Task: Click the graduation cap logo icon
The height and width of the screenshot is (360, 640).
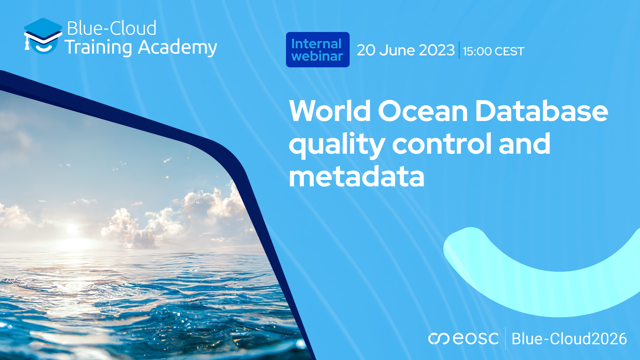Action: pos(43,36)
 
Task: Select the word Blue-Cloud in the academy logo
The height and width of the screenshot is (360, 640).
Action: pos(112,28)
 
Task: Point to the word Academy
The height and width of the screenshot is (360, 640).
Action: pos(177,47)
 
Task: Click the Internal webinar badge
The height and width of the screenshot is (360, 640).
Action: pos(318,50)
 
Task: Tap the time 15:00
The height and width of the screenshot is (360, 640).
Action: pos(477,51)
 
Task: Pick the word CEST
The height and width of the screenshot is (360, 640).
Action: pos(509,51)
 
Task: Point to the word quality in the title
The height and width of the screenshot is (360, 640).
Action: pos(337,144)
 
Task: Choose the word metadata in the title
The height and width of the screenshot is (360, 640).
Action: pos(356,177)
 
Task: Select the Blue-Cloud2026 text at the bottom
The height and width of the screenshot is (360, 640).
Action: pos(569,339)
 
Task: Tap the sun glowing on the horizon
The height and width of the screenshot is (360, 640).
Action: pos(72,229)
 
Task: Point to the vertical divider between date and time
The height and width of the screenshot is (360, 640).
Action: pos(459,50)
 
